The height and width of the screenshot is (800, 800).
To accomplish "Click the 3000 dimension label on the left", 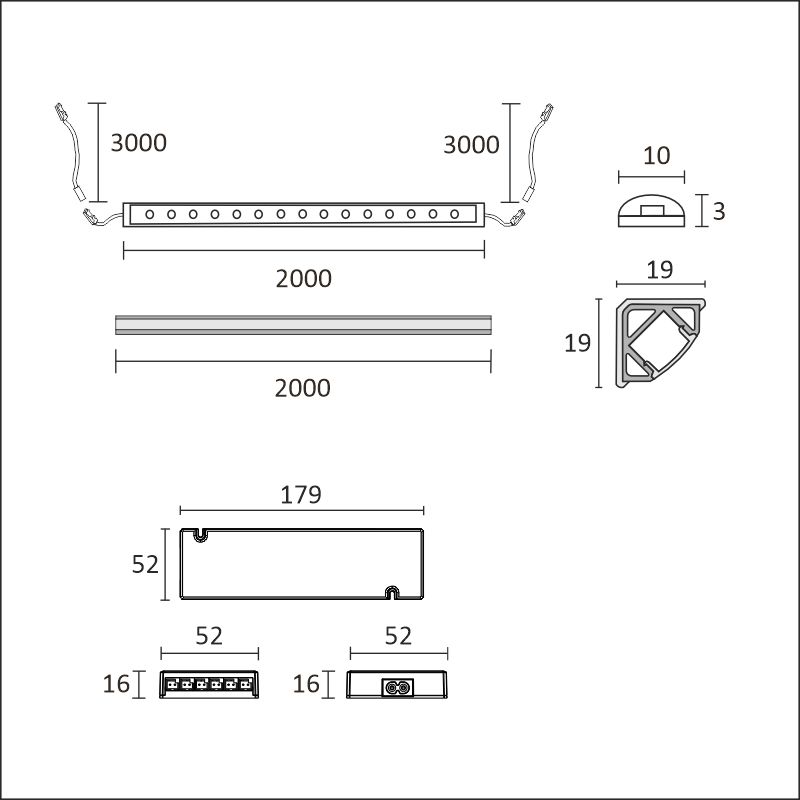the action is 139,143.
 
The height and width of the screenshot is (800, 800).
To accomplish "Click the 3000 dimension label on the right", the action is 471,145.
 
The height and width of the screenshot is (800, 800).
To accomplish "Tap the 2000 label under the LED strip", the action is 304,279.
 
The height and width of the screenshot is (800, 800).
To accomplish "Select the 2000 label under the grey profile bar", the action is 303,388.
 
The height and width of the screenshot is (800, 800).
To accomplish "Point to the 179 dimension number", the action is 301,494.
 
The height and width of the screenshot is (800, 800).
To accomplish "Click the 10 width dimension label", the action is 656,156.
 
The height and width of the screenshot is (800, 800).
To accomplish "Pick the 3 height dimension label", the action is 719,211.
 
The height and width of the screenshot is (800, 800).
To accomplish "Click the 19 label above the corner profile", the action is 660,270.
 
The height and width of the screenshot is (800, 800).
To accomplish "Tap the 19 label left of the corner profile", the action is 578,343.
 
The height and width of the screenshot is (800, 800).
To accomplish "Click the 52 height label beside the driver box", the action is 145,564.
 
